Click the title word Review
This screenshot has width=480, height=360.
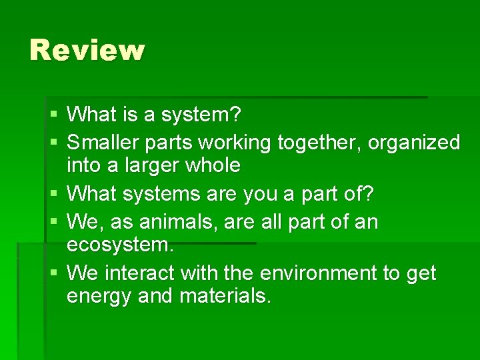(87, 51)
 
